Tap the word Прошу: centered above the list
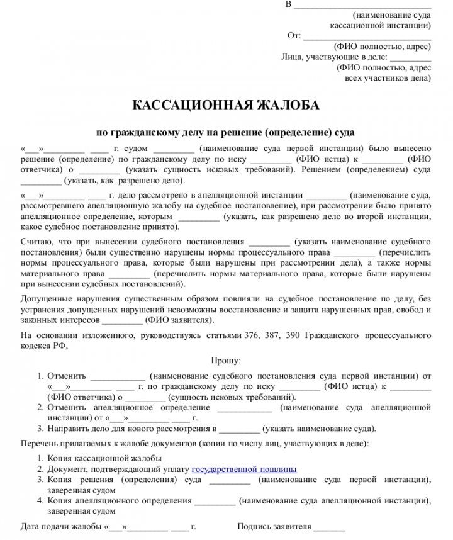point(226,361)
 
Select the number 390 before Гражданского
point(293,335)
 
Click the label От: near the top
point(294,35)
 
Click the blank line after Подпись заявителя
point(330,526)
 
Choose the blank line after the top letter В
point(362,6)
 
